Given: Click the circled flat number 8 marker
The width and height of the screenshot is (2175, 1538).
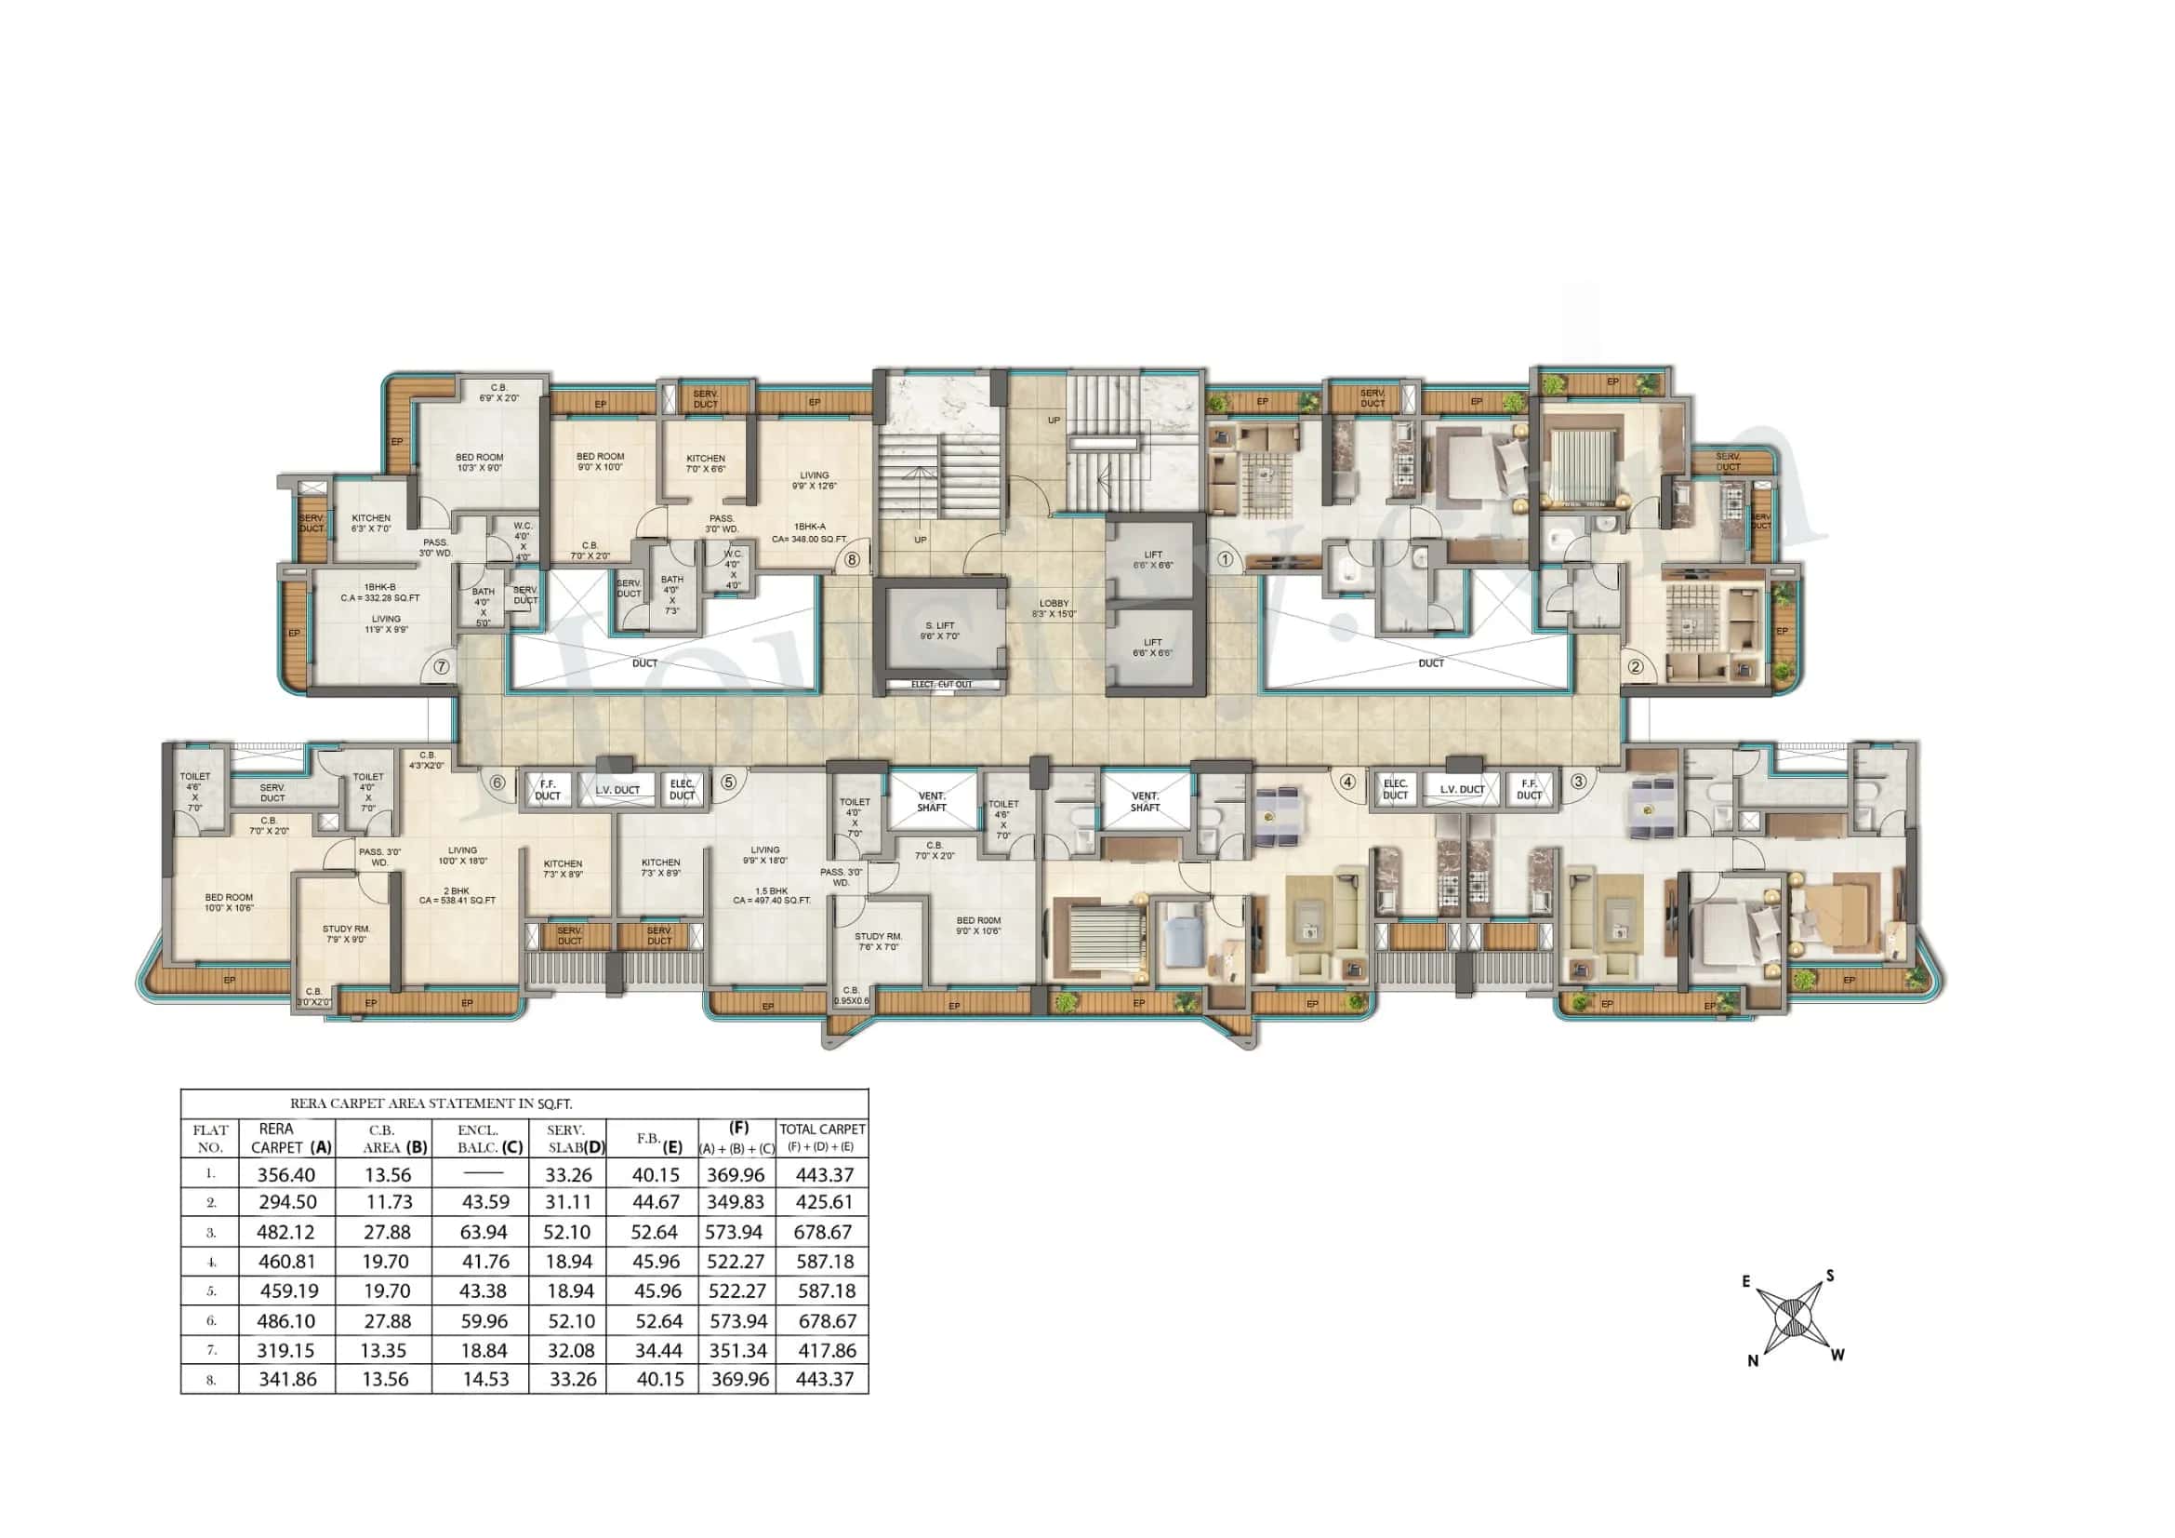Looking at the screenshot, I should [x=853, y=560].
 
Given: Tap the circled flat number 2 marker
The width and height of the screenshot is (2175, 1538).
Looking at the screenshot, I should [x=1635, y=666].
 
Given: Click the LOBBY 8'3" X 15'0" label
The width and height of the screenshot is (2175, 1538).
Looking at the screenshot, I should [x=1054, y=609].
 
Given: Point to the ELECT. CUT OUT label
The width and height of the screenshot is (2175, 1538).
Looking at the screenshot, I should [x=941, y=684].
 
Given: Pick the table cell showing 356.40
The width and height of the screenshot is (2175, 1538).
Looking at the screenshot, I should [x=286, y=1175].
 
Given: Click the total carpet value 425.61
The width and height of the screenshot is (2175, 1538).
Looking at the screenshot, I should [x=825, y=1202].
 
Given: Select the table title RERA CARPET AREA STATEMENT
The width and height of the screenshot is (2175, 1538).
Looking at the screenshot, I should [x=431, y=1104].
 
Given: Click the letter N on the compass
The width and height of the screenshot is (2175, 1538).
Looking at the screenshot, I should [x=1753, y=1361].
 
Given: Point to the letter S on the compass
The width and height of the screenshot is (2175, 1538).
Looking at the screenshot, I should [x=1830, y=1277].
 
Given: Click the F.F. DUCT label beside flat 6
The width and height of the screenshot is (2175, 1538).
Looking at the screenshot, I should [x=548, y=790].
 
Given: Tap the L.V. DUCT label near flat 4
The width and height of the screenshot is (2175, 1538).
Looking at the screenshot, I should [x=1462, y=789].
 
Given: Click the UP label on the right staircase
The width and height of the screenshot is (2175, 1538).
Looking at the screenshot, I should [x=1054, y=420].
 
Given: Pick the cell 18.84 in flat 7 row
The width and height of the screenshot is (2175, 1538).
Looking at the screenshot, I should [x=485, y=1350].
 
